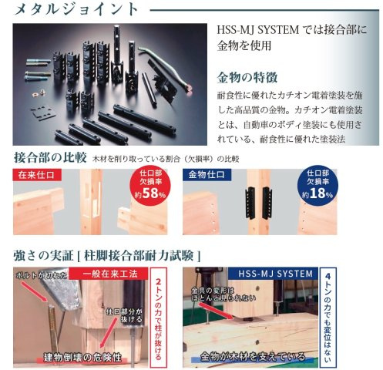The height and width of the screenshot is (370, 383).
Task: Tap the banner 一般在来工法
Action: (x=113, y=273)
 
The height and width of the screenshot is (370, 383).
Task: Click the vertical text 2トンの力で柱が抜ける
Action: (x=159, y=316)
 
